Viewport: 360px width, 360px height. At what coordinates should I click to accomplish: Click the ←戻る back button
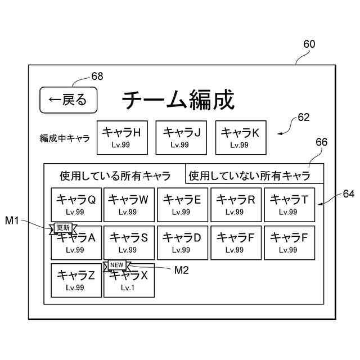(x=69, y=100)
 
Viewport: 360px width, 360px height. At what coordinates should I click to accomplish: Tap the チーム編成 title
(x=178, y=100)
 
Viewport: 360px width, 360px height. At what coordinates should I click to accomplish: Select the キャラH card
(x=122, y=137)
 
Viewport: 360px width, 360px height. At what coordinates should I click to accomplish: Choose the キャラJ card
(x=181, y=137)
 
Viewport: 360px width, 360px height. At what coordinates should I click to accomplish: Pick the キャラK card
(x=240, y=137)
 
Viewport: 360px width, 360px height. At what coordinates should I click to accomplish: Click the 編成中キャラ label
(x=65, y=138)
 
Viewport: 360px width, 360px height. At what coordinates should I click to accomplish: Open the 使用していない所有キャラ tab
(x=254, y=175)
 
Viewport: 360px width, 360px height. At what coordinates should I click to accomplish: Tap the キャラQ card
(x=76, y=204)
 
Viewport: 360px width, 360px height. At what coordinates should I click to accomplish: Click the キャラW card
(x=129, y=204)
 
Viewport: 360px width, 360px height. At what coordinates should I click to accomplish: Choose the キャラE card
(x=182, y=204)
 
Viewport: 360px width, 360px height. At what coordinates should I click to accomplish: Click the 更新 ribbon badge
(x=63, y=228)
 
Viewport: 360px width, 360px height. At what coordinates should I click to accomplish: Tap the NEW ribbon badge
(x=116, y=265)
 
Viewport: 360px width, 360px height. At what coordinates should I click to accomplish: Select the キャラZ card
(x=76, y=280)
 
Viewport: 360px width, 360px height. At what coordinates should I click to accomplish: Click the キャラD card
(x=182, y=242)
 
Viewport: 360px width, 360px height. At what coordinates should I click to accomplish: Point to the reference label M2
(x=182, y=270)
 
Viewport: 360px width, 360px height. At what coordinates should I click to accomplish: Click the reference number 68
(x=97, y=76)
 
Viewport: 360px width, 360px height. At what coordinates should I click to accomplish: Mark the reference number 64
(x=349, y=194)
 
